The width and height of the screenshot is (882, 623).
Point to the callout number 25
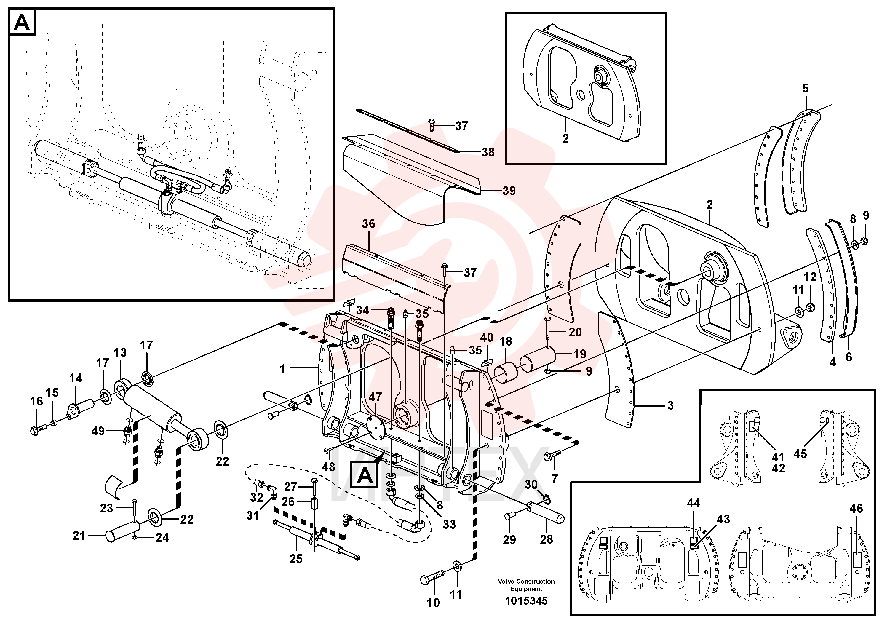(296, 559)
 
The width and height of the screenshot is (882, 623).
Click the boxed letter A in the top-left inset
(22, 23)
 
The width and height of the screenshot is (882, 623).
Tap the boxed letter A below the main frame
(365, 475)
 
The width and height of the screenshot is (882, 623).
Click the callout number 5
(805, 88)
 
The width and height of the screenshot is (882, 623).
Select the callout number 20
(575, 332)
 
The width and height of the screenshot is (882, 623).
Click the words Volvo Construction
(526, 581)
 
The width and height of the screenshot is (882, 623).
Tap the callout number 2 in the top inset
(565, 138)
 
